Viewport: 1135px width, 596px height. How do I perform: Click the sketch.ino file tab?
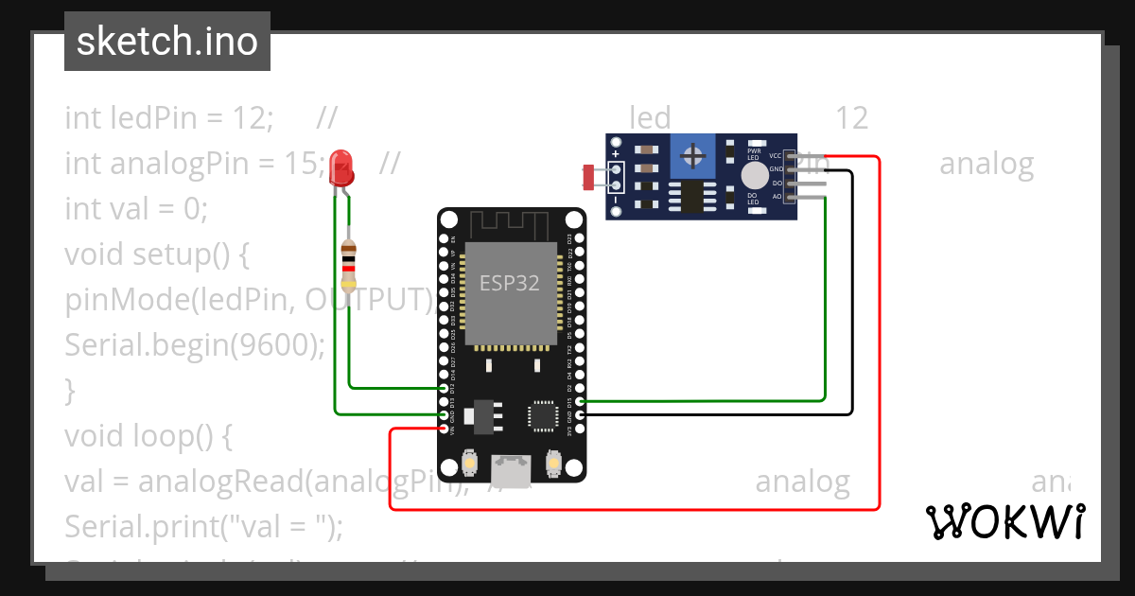[166, 42]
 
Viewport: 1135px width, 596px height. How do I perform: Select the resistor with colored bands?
[349, 262]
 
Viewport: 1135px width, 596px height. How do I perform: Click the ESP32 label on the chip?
[509, 283]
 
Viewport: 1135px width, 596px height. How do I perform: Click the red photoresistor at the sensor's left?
[590, 176]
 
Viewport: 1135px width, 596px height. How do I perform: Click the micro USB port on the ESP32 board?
[512, 470]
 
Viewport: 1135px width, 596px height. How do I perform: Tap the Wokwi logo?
[1004, 521]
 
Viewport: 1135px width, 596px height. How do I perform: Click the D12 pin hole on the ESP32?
[445, 388]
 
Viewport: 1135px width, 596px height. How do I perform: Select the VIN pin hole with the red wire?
[445, 429]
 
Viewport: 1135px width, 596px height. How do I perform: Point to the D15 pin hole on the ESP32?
[580, 401]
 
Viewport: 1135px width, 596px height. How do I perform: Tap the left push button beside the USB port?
[470, 465]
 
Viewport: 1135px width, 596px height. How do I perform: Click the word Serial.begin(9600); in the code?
[194, 344]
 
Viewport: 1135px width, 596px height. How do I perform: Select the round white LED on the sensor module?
[755, 175]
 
